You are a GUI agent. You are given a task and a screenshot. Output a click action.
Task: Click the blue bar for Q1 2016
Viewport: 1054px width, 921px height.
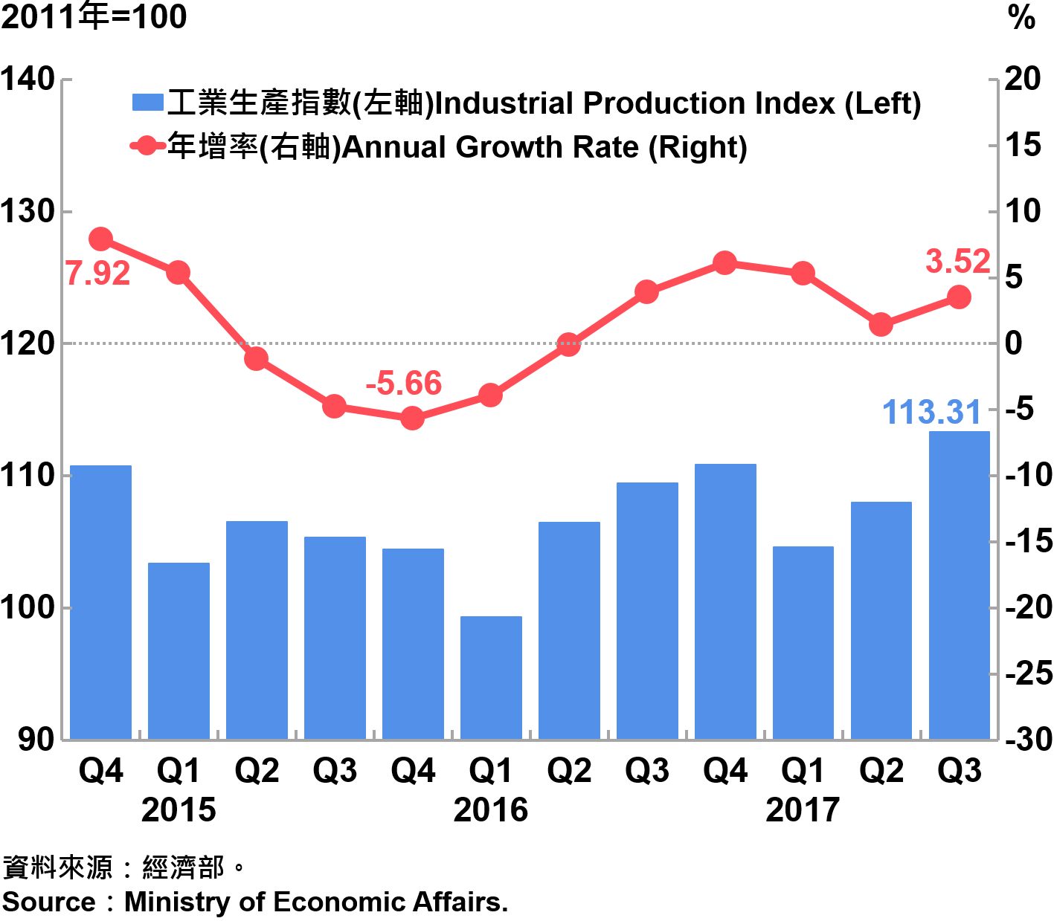click(x=491, y=677)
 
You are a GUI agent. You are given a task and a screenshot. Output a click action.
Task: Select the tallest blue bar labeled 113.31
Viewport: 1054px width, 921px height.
click(x=959, y=585)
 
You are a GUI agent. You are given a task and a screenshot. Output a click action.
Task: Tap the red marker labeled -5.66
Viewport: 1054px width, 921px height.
click(x=412, y=419)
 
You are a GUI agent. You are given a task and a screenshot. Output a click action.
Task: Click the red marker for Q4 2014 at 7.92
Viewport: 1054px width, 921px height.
click(x=100, y=239)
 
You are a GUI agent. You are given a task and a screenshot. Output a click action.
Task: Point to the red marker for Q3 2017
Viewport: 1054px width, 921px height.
click(x=959, y=297)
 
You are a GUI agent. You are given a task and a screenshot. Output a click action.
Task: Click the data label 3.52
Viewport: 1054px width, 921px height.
click(x=957, y=262)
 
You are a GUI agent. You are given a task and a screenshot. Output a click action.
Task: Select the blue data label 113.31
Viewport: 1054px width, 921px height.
click(x=931, y=412)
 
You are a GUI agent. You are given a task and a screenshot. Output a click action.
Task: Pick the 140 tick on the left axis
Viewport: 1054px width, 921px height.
click(x=28, y=79)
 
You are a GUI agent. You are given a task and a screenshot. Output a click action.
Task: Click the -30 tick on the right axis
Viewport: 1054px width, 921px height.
click(x=1029, y=739)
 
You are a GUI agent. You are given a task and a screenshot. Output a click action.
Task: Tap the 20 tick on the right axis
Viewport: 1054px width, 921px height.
click(x=1023, y=79)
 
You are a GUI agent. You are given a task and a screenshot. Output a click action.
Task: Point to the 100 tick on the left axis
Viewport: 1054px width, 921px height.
click(x=28, y=607)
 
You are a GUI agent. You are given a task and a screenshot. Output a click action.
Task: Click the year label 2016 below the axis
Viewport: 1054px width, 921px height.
click(x=490, y=809)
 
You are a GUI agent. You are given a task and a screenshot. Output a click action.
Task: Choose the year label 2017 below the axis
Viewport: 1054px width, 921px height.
click(x=803, y=809)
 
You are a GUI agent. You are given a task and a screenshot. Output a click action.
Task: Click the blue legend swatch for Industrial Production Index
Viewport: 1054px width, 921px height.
click(x=147, y=103)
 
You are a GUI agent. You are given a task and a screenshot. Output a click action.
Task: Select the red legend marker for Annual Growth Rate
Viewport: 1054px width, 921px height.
click(x=147, y=146)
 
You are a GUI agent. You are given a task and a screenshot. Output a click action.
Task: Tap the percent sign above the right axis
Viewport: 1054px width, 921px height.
click(x=1021, y=18)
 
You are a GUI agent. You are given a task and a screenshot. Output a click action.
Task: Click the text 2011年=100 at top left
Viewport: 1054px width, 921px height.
click(x=94, y=16)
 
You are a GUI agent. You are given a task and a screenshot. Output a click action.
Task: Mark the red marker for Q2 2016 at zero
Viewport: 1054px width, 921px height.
click(x=568, y=344)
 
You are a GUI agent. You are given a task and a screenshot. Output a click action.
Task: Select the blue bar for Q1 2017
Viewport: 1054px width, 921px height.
click(x=803, y=642)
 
